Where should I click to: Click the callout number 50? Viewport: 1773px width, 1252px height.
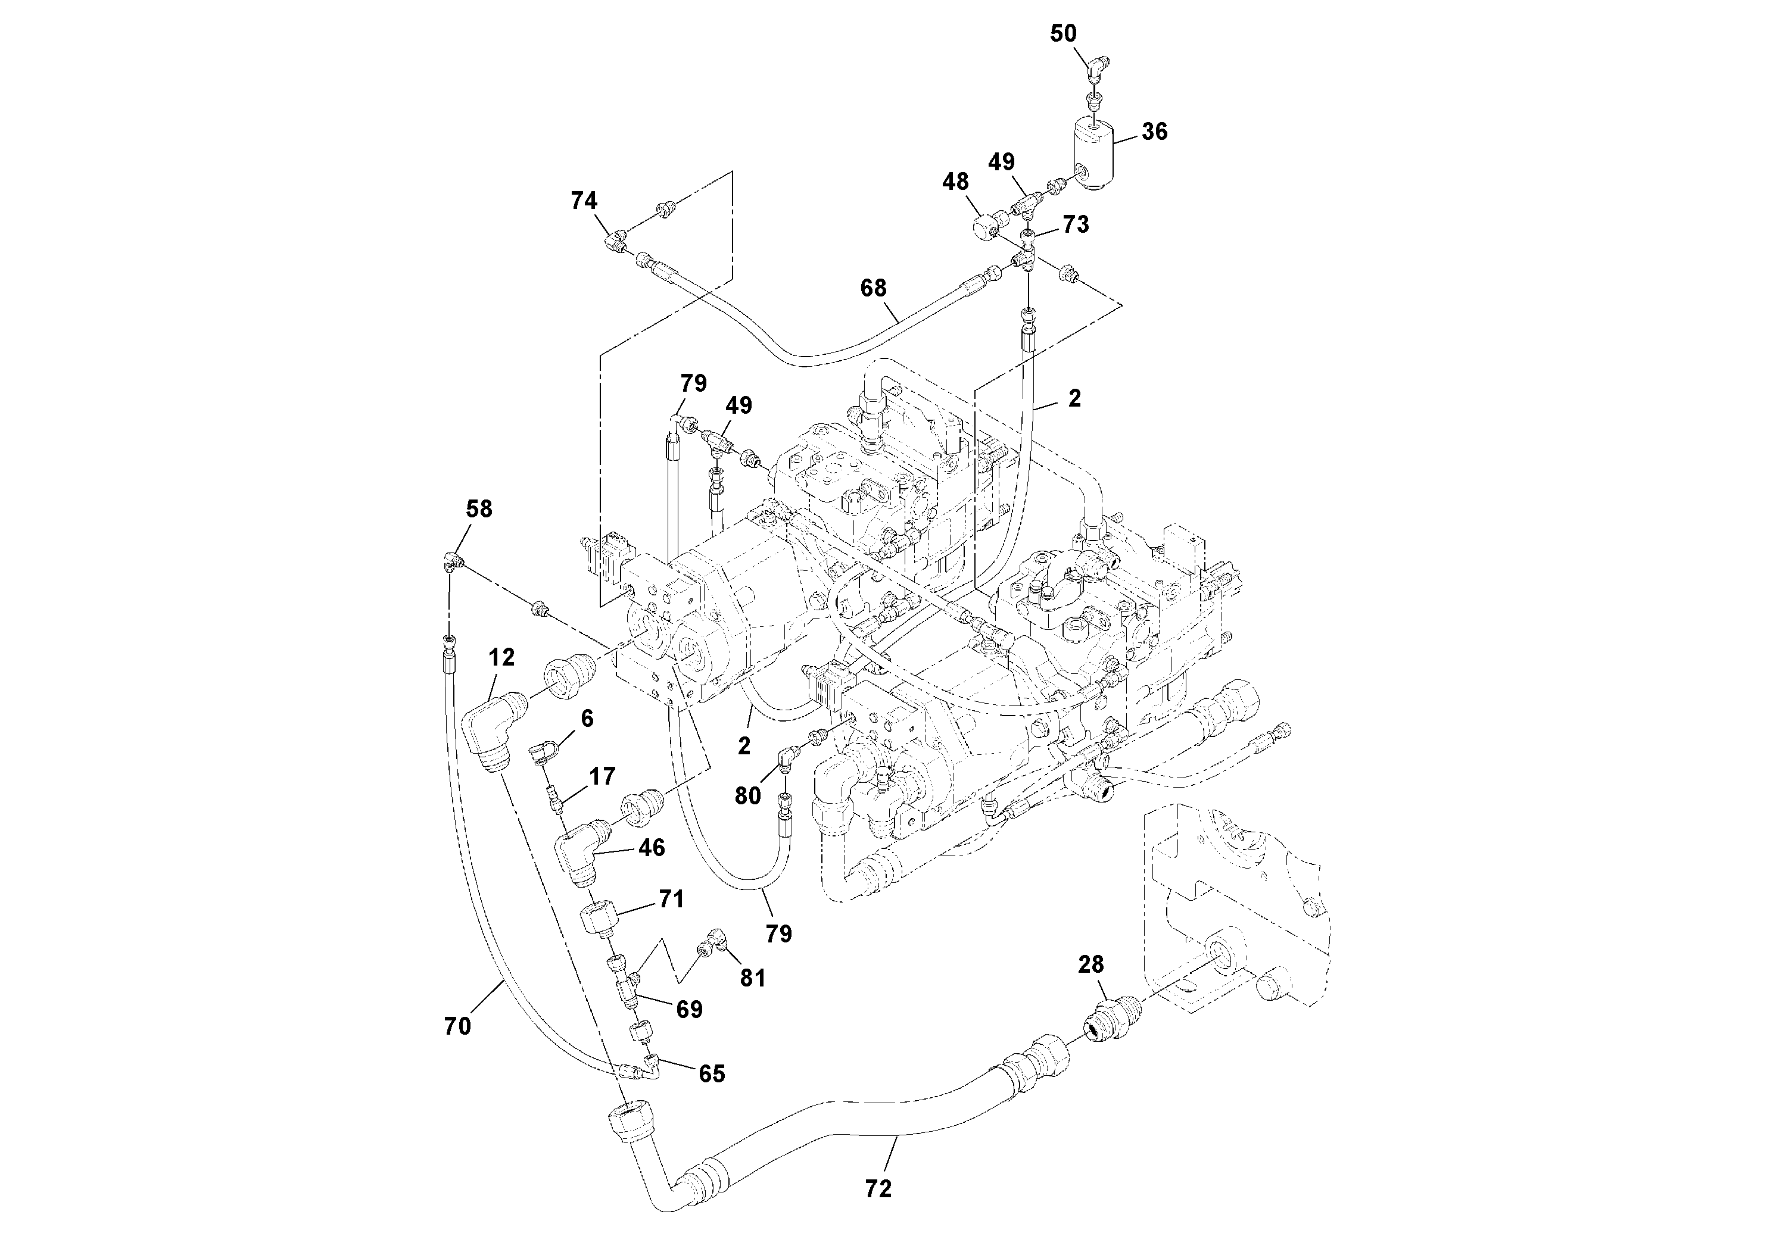pyautogui.click(x=1062, y=33)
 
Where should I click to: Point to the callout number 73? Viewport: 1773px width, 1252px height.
pyautogui.click(x=1076, y=224)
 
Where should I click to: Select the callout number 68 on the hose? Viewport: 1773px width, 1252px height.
pyautogui.click(x=873, y=288)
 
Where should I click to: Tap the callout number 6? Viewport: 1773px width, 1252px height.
pyautogui.click(x=587, y=719)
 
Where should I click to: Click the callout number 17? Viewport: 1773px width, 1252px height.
pyautogui.click(x=602, y=776)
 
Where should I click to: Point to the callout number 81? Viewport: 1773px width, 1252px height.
pyautogui.click(x=752, y=978)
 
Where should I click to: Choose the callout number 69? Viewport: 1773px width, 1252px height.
pyautogui.click(x=689, y=1009)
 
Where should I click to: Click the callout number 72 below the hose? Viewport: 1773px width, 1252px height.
pyautogui.click(x=878, y=1189)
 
